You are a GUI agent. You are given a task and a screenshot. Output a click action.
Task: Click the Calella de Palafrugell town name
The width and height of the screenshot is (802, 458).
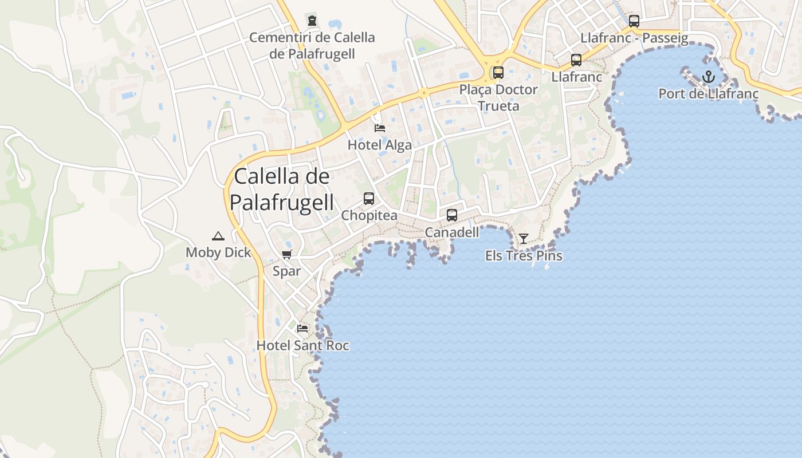click(x=282, y=189)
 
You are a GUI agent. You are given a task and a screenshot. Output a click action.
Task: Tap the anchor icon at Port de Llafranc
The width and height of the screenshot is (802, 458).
click(x=709, y=76)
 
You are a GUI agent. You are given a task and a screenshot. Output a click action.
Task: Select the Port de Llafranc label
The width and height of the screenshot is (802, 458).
click(x=709, y=94)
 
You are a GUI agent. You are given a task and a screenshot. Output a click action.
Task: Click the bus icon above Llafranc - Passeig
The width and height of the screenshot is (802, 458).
click(x=634, y=21)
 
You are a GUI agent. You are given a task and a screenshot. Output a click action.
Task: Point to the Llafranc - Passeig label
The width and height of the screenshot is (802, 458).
click(x=634, y=38)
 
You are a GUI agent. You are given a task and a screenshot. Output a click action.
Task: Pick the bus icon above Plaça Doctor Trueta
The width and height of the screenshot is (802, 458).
click(x=498, y=73)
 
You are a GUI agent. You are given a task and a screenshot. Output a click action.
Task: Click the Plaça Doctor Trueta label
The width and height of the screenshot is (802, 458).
click(x=498, y=98)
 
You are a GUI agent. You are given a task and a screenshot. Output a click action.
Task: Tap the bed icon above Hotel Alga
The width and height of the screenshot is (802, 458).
click(x=379, y=128)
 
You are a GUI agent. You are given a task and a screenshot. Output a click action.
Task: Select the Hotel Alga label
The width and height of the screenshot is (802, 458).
click(x=379, y=145)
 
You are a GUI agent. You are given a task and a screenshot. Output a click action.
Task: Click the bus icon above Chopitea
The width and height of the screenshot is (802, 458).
click(x=369, y=199)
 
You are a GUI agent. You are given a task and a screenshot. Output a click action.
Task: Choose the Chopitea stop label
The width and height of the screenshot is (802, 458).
click(x=369, y=216)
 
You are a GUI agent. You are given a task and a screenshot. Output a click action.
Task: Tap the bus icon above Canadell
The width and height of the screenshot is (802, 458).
click(x=452, y=215)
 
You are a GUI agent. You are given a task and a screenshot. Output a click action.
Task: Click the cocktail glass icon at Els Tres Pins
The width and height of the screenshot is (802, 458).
click(x=524, y=239)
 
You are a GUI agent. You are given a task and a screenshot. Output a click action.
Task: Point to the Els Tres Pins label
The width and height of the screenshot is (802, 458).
click(x=524, y=256)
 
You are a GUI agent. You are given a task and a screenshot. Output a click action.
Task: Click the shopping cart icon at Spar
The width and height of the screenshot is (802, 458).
click(x=286, y=254)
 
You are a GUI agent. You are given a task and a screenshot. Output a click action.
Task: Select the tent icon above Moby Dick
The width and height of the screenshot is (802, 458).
click(x=218, y=235)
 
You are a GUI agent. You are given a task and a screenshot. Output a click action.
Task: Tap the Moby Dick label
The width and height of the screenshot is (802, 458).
click(x=218, y=252)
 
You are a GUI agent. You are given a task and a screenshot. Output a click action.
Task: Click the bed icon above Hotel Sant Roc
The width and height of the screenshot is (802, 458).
click(x=302, y=329)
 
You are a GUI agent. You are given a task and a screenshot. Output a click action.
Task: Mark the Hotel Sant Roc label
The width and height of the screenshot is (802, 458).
click(x=302, y=346)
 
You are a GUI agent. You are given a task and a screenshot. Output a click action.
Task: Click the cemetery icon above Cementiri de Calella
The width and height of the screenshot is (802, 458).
click(x=312, y=21)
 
